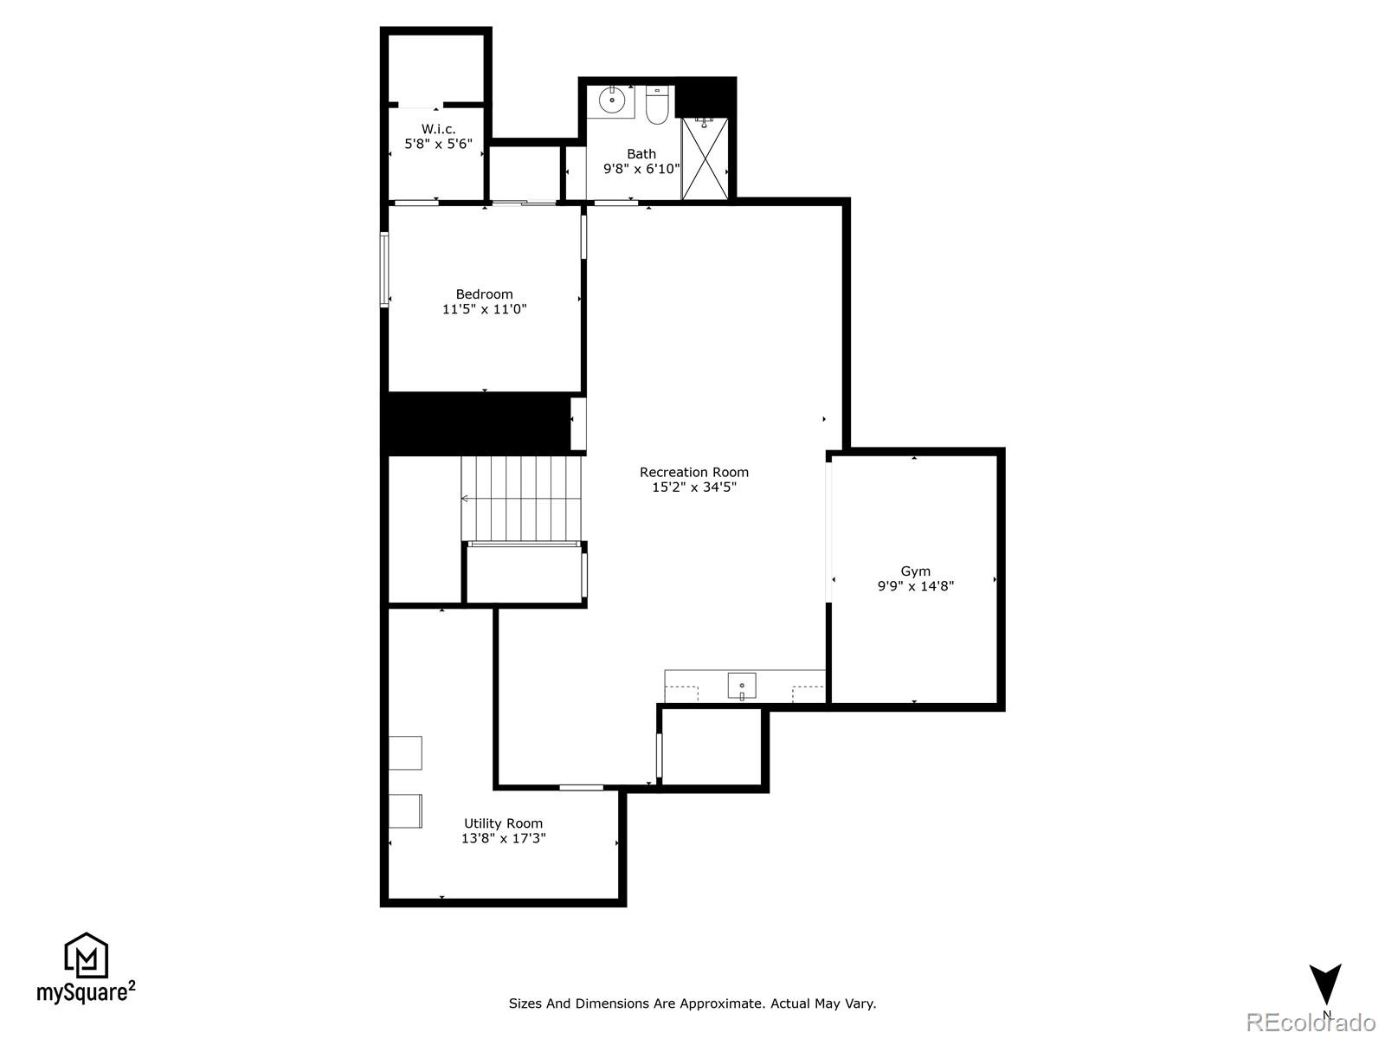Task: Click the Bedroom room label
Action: [484, 294]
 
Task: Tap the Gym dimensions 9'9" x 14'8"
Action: [915, 586]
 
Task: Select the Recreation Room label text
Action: [693, 472]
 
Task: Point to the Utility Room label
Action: [503, 823]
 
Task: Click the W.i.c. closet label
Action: [438, 129]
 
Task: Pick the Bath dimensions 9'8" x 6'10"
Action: [641, 169]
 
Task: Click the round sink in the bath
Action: [612, 100]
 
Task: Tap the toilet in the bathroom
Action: [657, 106]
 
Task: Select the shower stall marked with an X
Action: [705, 159]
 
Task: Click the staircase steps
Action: [520, 498]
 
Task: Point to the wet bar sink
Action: [741, 686]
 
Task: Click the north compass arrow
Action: [1324, 984]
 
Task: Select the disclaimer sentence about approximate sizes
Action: [692, 1004]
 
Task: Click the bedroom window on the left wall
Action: [384, 269]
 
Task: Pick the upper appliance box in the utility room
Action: [405, 752]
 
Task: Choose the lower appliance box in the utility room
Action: [405, 810]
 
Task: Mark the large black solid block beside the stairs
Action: [476, 423]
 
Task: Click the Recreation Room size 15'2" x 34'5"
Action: [693, 487]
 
